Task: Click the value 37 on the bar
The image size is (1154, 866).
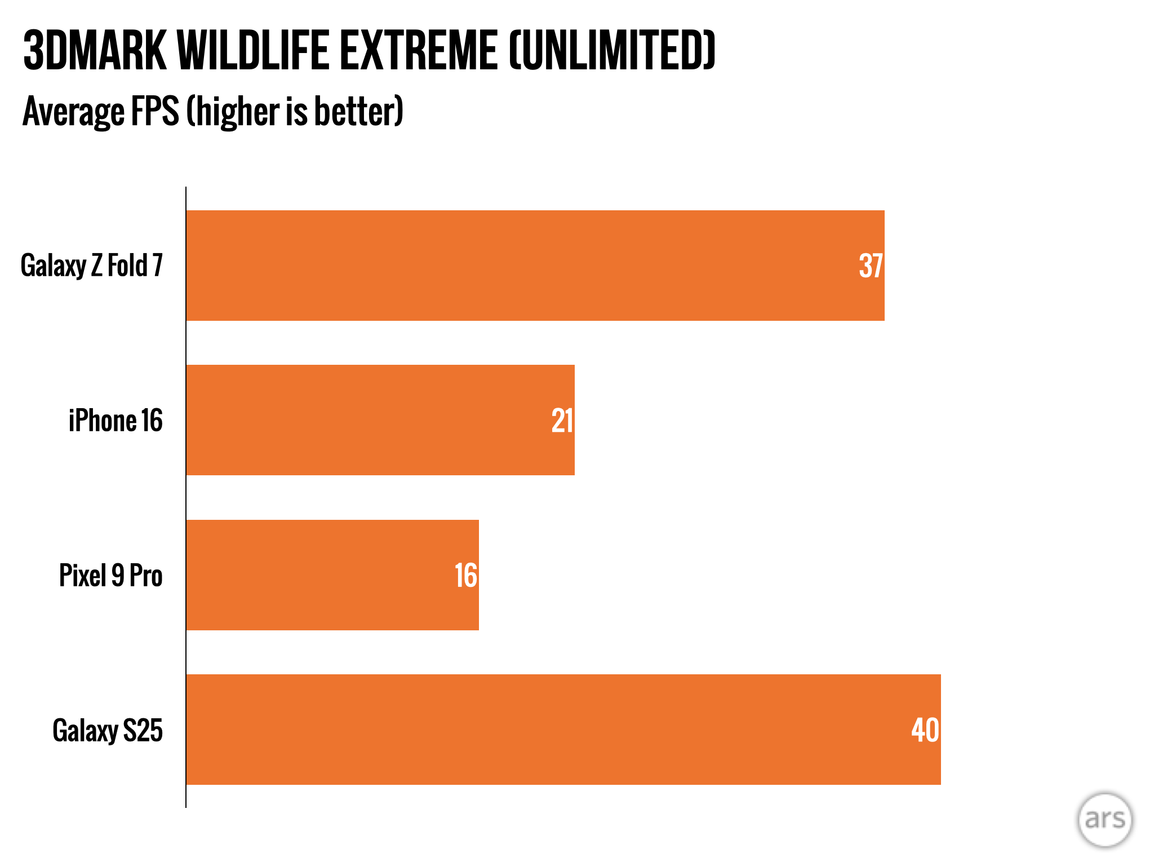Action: [x=871, y=266]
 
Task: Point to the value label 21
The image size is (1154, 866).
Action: [x=562, y=421]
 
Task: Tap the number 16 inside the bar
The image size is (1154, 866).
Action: [x=465, y=576]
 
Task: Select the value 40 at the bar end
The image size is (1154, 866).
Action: [x=925, y=730]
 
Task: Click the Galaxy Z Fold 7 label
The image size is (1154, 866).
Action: [x=92, y=266]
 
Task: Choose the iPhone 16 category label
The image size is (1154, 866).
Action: [x=116, y=421]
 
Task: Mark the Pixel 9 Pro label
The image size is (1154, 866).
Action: [x=111, y=576]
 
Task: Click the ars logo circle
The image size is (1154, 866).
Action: [x=1104, y=820]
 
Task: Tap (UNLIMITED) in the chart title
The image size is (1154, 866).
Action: [x=612, y=51]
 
